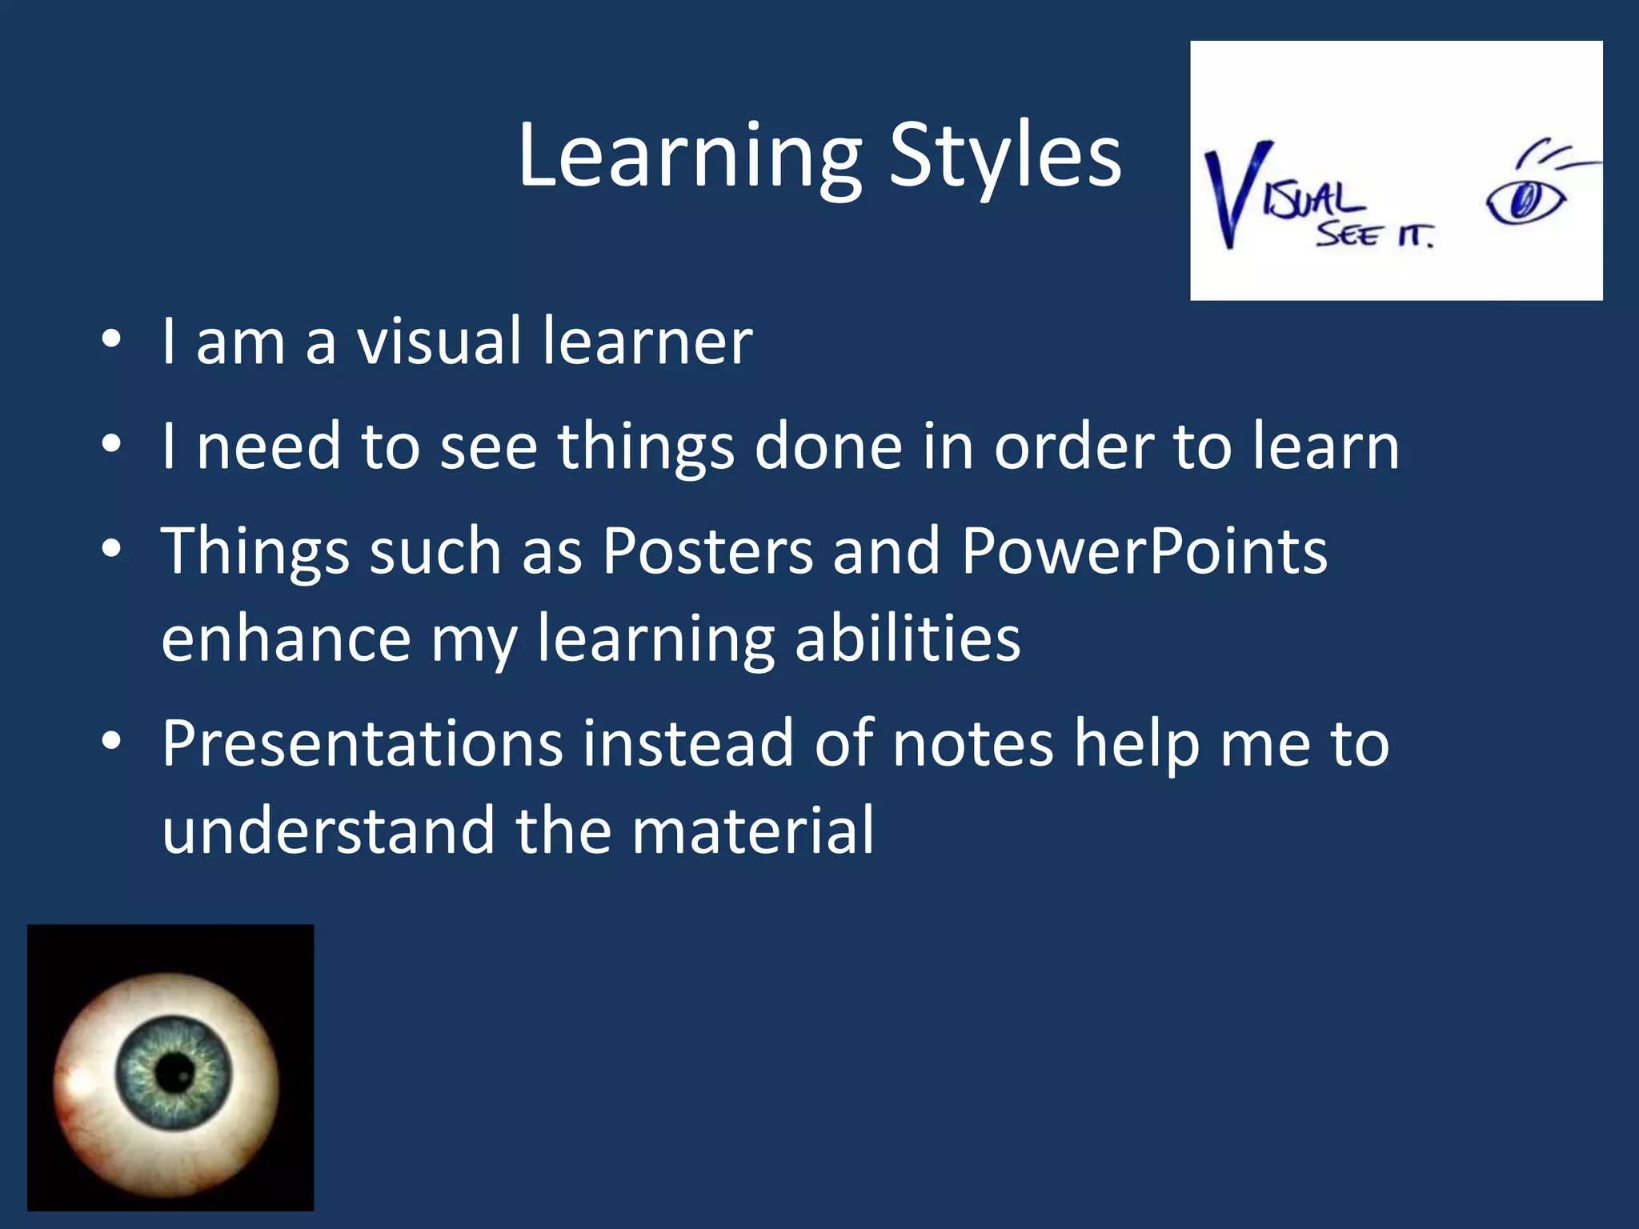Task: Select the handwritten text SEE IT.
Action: click(1374, 234)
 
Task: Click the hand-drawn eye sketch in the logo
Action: click(1525, 201)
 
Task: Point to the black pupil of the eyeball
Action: click(174, 1072)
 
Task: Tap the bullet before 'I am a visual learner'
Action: click(111, 340)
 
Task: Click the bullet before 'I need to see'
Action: click(111, 445)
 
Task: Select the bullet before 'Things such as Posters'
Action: click(111, 550)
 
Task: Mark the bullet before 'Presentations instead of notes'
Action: click(111, 743)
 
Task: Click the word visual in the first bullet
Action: click(439, 342)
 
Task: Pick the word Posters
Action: click(707, 551)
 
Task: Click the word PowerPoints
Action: click(1144, 551)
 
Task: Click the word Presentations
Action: click(362, 744)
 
